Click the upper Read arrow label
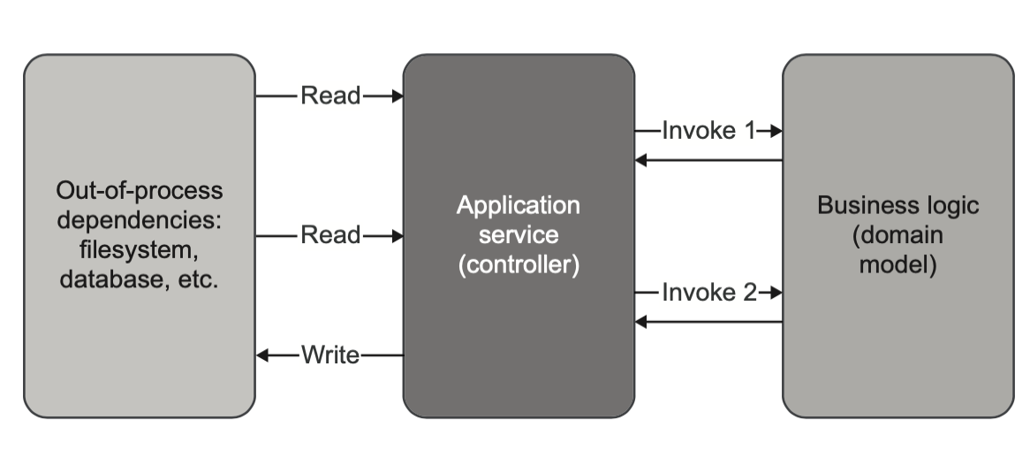pos(330,95)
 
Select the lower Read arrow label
pos(330,235)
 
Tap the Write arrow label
pos(330,355)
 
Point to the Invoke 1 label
pos(709,131)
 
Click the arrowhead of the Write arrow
pos(262,355)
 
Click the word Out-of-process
pos(140,190)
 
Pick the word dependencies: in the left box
pos(140,220)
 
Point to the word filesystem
pos(140,250)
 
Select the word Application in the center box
pos(519,205)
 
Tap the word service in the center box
pos(519,235)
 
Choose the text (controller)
pos(519,265)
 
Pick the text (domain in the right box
pos(897,235)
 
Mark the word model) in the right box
pos(897,265)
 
